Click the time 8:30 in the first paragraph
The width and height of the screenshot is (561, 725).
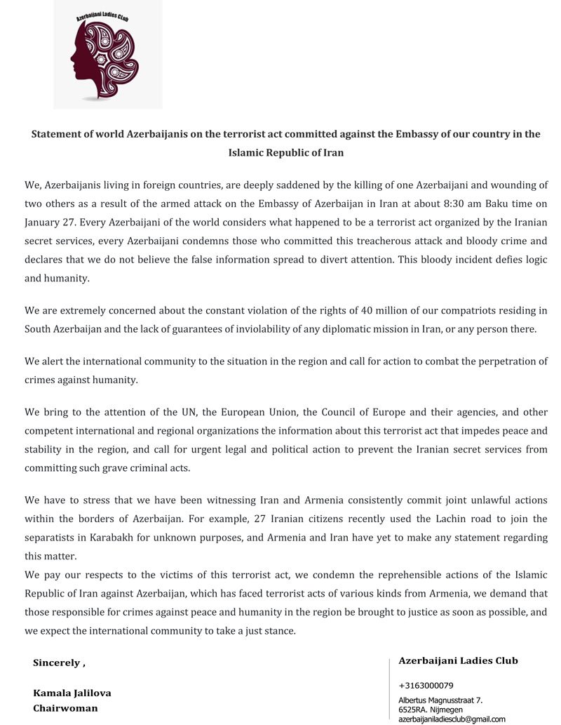click(x=424, y=204)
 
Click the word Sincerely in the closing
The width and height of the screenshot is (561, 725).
click(x=56, y=663)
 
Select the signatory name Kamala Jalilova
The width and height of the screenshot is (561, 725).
click(x=72, y=693)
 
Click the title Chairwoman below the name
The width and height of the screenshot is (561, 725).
click(x=65, y=708)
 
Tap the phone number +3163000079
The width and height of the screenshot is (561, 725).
click(x=426, y=685)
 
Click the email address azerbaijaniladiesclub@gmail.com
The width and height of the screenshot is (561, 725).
click(x=452, y=719)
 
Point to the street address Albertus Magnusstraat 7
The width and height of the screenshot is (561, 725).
click(x=440, y=700)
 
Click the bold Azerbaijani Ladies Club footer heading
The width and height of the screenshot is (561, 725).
click(x=458, y=660)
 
